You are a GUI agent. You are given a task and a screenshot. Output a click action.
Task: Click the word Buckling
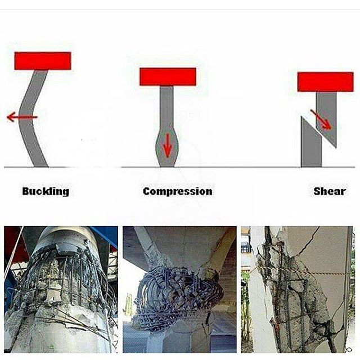(x=46, y=191)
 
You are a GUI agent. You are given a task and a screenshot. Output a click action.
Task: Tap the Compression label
(x=178, y=191)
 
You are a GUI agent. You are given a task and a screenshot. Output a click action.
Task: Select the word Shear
(x=330, y=191)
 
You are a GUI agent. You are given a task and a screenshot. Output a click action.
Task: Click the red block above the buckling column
(x=43, y=61)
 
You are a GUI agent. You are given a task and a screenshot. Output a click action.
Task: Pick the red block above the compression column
(x=168, y=76)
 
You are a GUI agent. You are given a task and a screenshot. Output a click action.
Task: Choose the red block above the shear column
(x=325, y=82)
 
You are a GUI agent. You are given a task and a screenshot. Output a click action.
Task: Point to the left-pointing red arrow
(x=22, y=117)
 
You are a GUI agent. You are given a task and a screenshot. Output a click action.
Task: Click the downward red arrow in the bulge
(x=168, y=145)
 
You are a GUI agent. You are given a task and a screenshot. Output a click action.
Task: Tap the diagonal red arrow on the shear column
(x=321, y=119)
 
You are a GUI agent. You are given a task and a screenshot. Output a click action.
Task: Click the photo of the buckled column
(x=61, y=290)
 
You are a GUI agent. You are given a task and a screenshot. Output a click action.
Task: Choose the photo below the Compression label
(x=179, y=290)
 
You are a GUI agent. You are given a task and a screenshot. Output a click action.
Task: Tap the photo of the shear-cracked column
(x=297, y=290)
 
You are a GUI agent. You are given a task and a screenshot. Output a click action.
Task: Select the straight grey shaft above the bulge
(x=166, y=106)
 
